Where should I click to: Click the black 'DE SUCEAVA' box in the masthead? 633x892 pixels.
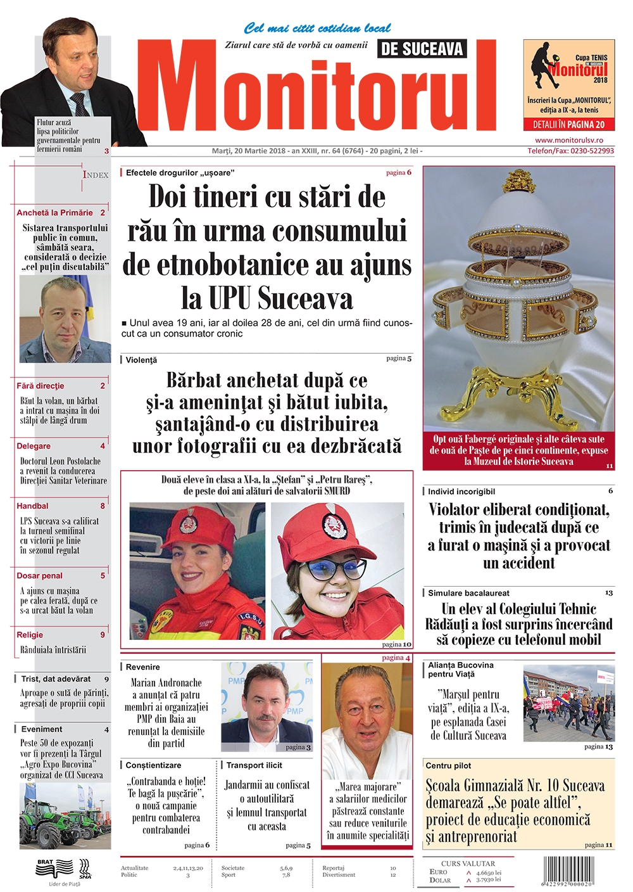[422, 49]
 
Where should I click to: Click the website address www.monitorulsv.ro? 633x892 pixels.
[569, 140]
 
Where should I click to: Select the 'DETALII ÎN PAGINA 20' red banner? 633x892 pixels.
[568, 125]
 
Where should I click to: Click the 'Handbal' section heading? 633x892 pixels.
[32, 506]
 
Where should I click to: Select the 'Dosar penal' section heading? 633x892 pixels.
[39, 576]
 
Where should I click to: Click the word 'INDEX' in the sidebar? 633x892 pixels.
[96, 175]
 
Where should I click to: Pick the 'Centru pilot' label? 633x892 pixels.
[448, 766]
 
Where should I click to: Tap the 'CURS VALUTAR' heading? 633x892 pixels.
[468, 863]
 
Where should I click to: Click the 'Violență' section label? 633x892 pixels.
[141, 360]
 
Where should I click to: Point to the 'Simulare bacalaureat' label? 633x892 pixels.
[468, 593]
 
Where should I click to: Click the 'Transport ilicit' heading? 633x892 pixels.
[254, 765]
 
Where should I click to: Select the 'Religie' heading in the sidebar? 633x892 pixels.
[30, 635]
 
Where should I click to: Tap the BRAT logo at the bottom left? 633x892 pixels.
[46, 862]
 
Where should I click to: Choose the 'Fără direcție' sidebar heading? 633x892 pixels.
[41, 386]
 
